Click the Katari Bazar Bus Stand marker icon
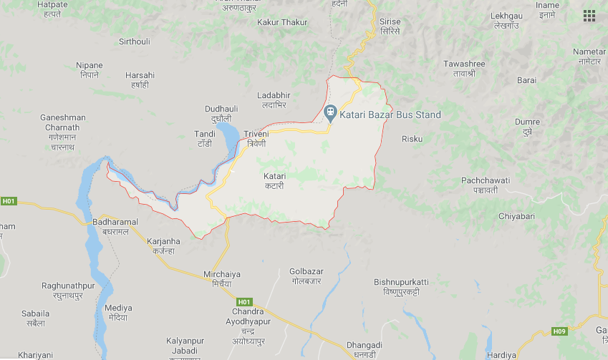(x=330, y=113)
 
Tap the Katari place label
(x=274, y=180)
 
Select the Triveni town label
(x=256, y=138)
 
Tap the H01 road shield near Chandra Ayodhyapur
(x=245, y=301)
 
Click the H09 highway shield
(x=559, y=331)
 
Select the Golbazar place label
(x=307, y=276)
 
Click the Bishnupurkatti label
(x=401, y=287)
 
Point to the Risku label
(x=412, y=138)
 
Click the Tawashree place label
(x=464, y=68)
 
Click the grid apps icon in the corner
(x=589, y=16)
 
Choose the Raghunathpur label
(x=68, y=290)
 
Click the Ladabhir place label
(x=274, y=99)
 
